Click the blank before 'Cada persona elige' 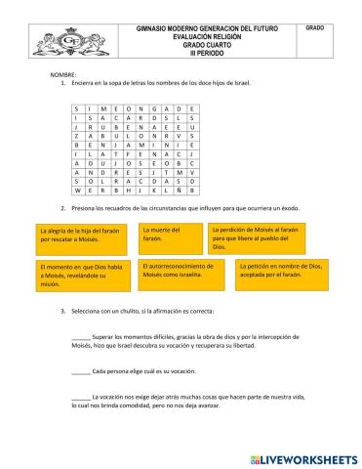tap(81, 372)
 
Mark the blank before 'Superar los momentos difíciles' tap(81, 337)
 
